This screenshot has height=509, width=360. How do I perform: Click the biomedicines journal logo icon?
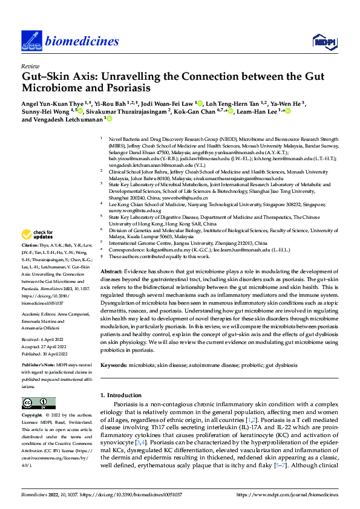(x=30, y=40)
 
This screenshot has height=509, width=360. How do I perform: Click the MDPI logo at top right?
(x=324, y=41)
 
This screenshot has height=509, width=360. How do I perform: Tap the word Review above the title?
(x=30, y=66)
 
